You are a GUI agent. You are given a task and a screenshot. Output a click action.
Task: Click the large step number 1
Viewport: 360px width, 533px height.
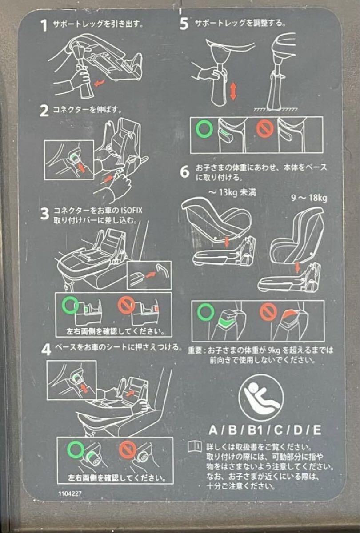tap(44, 25)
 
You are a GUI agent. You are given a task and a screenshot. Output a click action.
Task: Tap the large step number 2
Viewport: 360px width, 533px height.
tap(44, 111)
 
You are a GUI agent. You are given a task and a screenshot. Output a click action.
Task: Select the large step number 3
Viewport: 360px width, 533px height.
tap(44, 214)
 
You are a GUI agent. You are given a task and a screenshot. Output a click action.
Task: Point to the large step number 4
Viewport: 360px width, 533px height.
tap(46, 350)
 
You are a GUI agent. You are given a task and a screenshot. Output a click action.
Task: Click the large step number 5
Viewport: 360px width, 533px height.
tap(184, 24)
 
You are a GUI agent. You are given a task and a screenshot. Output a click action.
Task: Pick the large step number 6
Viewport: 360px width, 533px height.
tap(184, 172)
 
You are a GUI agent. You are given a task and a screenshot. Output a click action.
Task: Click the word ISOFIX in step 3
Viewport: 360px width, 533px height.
tap(132, 211)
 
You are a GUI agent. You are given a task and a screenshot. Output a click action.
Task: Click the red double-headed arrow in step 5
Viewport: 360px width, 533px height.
tap(233, 91)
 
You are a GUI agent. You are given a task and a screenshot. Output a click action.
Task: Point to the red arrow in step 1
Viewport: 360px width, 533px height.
tap(100, 83)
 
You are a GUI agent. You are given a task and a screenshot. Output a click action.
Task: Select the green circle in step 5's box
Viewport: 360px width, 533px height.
tap(204, 129)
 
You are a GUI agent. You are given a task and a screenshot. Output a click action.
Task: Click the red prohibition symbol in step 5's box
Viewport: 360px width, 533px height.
tap(265, 129)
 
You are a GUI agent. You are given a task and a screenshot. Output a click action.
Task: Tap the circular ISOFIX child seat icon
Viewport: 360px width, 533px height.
tap(261, 398)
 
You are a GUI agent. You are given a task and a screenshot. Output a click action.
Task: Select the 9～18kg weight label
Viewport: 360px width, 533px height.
tap(309, 198)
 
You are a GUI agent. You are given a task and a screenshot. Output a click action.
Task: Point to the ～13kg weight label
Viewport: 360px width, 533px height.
tap(232, 192)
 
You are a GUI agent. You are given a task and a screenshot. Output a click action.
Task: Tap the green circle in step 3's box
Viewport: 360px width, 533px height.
tap(71, 306)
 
